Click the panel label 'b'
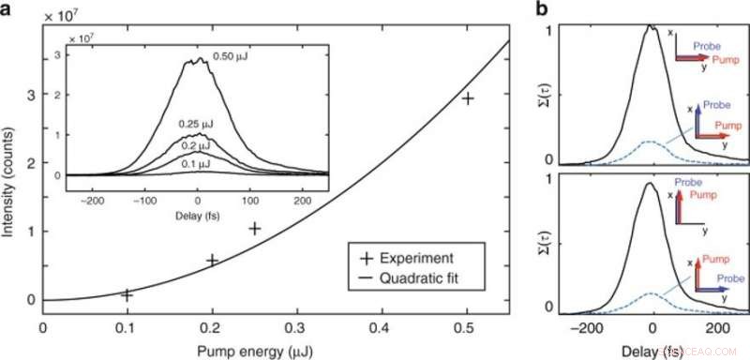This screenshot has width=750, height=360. click(540, 9)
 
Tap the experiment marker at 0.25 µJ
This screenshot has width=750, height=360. click(254, 229)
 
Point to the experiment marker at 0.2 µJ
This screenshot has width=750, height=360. click(212, 260)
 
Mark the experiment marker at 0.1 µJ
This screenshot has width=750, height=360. click(127, 294)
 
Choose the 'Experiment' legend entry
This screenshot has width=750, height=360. click(431, 257)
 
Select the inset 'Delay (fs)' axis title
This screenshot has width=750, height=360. click(197, 215)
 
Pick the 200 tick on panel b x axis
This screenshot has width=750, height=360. click(716, 330)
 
